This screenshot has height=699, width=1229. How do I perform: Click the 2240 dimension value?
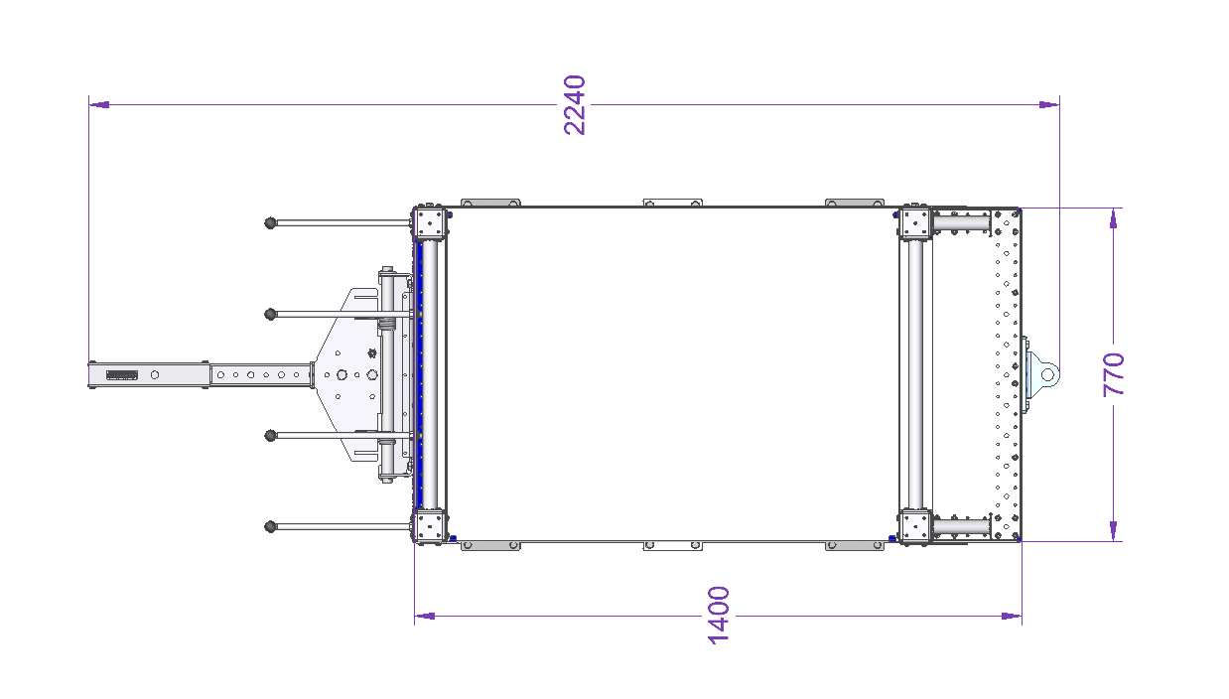[x=575, y=105]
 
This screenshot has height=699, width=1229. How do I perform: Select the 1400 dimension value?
[x=718, y=616]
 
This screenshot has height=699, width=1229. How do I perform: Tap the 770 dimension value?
[x=1114, y=374]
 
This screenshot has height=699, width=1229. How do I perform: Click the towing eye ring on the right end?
[x=1047, y=374]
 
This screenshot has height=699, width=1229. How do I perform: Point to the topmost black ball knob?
[x=270, y=223]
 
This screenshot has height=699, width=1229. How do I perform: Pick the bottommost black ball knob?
[x=270, y=526]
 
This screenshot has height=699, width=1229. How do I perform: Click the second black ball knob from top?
[x=270, y=315]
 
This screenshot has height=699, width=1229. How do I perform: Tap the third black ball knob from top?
[x=270, y=436]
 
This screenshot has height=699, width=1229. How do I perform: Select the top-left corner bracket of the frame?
[x=430, y=222]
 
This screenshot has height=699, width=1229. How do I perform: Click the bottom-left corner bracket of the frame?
[x=430, y=526]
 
